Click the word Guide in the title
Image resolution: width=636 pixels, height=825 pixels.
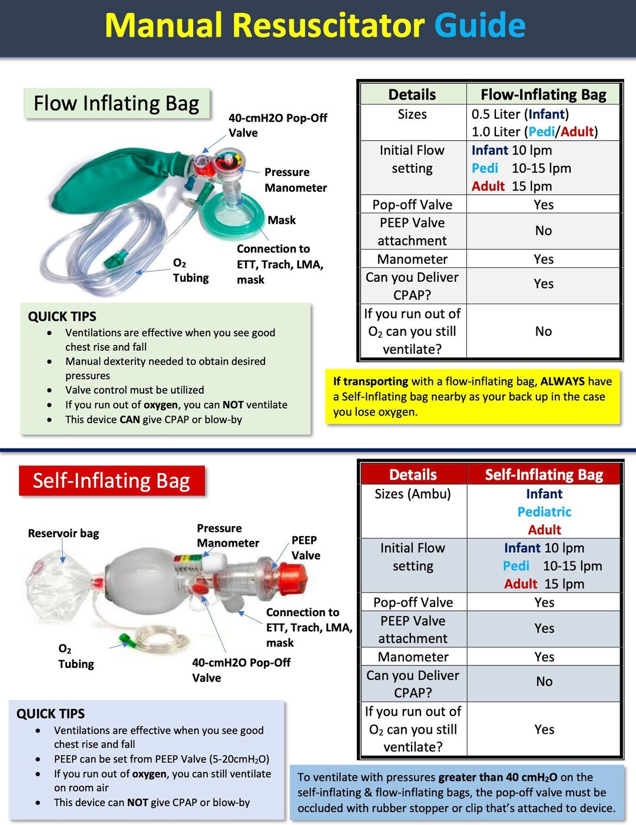(x=479, y=25)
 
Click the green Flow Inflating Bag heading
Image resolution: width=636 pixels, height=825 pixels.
(x=116, y=104)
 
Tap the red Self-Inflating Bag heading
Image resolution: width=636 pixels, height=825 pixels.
(x=111, y=481)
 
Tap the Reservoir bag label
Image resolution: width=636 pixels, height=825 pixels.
(x=63, y=533)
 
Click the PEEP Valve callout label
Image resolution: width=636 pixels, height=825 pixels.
(x=305, y=547)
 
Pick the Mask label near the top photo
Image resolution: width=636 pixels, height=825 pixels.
(x=281, y=220)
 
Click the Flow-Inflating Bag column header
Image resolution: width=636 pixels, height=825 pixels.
(x=543, y=95)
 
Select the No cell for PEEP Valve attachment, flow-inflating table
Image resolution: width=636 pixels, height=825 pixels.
(x=543, y=231)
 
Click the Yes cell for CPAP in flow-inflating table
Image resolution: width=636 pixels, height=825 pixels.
(x=543, y=284)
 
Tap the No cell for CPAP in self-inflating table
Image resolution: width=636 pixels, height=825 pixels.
(x=544, y=681)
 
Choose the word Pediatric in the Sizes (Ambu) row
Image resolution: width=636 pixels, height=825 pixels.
(x=544, y=512)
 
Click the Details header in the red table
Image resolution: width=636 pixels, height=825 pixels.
(x=413, y=475)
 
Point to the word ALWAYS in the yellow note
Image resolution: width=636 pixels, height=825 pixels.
(x=562, y=381)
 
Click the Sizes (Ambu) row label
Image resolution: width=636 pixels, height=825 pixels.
(x=412, y=494)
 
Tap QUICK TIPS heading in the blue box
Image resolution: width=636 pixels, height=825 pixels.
(x=51, y=714)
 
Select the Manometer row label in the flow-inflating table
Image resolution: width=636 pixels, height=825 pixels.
(x=412, y=259)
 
